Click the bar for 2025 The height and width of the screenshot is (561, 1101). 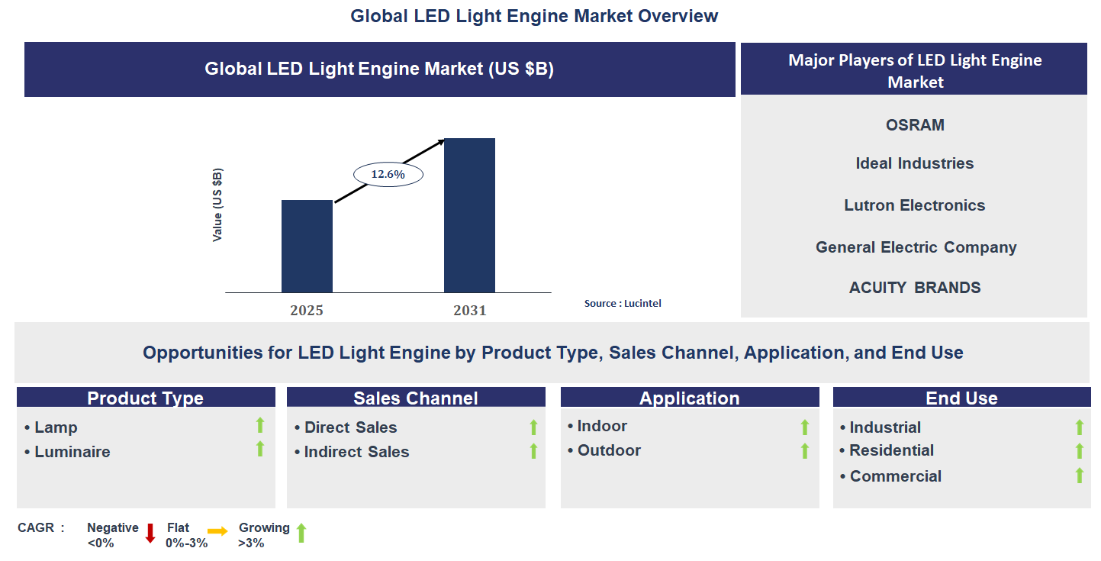coord(307,246)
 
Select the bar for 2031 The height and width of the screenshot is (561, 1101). coord(469,215)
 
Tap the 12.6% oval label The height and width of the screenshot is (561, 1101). coord(388,174)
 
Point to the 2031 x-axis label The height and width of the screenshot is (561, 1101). coord(469,311)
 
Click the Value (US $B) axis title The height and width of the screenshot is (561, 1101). coord(217,205)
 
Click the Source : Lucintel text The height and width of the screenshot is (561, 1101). coord(623,303)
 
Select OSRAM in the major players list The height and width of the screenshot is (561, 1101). coord(915,125)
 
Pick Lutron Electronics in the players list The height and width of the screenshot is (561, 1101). coord(914,205)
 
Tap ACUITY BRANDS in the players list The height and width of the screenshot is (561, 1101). coord(915,288)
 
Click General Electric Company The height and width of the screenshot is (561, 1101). coord(916,247)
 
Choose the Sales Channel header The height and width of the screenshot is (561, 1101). coord(415,398)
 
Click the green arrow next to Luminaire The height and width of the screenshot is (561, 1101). coord(259,449)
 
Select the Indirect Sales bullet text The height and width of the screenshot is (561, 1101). coord(356,452)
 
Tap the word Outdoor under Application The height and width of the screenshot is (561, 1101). coord(609,450)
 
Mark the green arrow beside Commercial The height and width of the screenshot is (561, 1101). coord(1079,476)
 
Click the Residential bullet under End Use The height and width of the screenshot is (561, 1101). coord(891,450)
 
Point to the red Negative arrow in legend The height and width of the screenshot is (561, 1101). coord(150,533)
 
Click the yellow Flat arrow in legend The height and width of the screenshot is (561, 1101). coord(217,531)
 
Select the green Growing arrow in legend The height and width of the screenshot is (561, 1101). coord(301,533)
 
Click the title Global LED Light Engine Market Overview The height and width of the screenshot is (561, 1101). coord(534,16)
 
